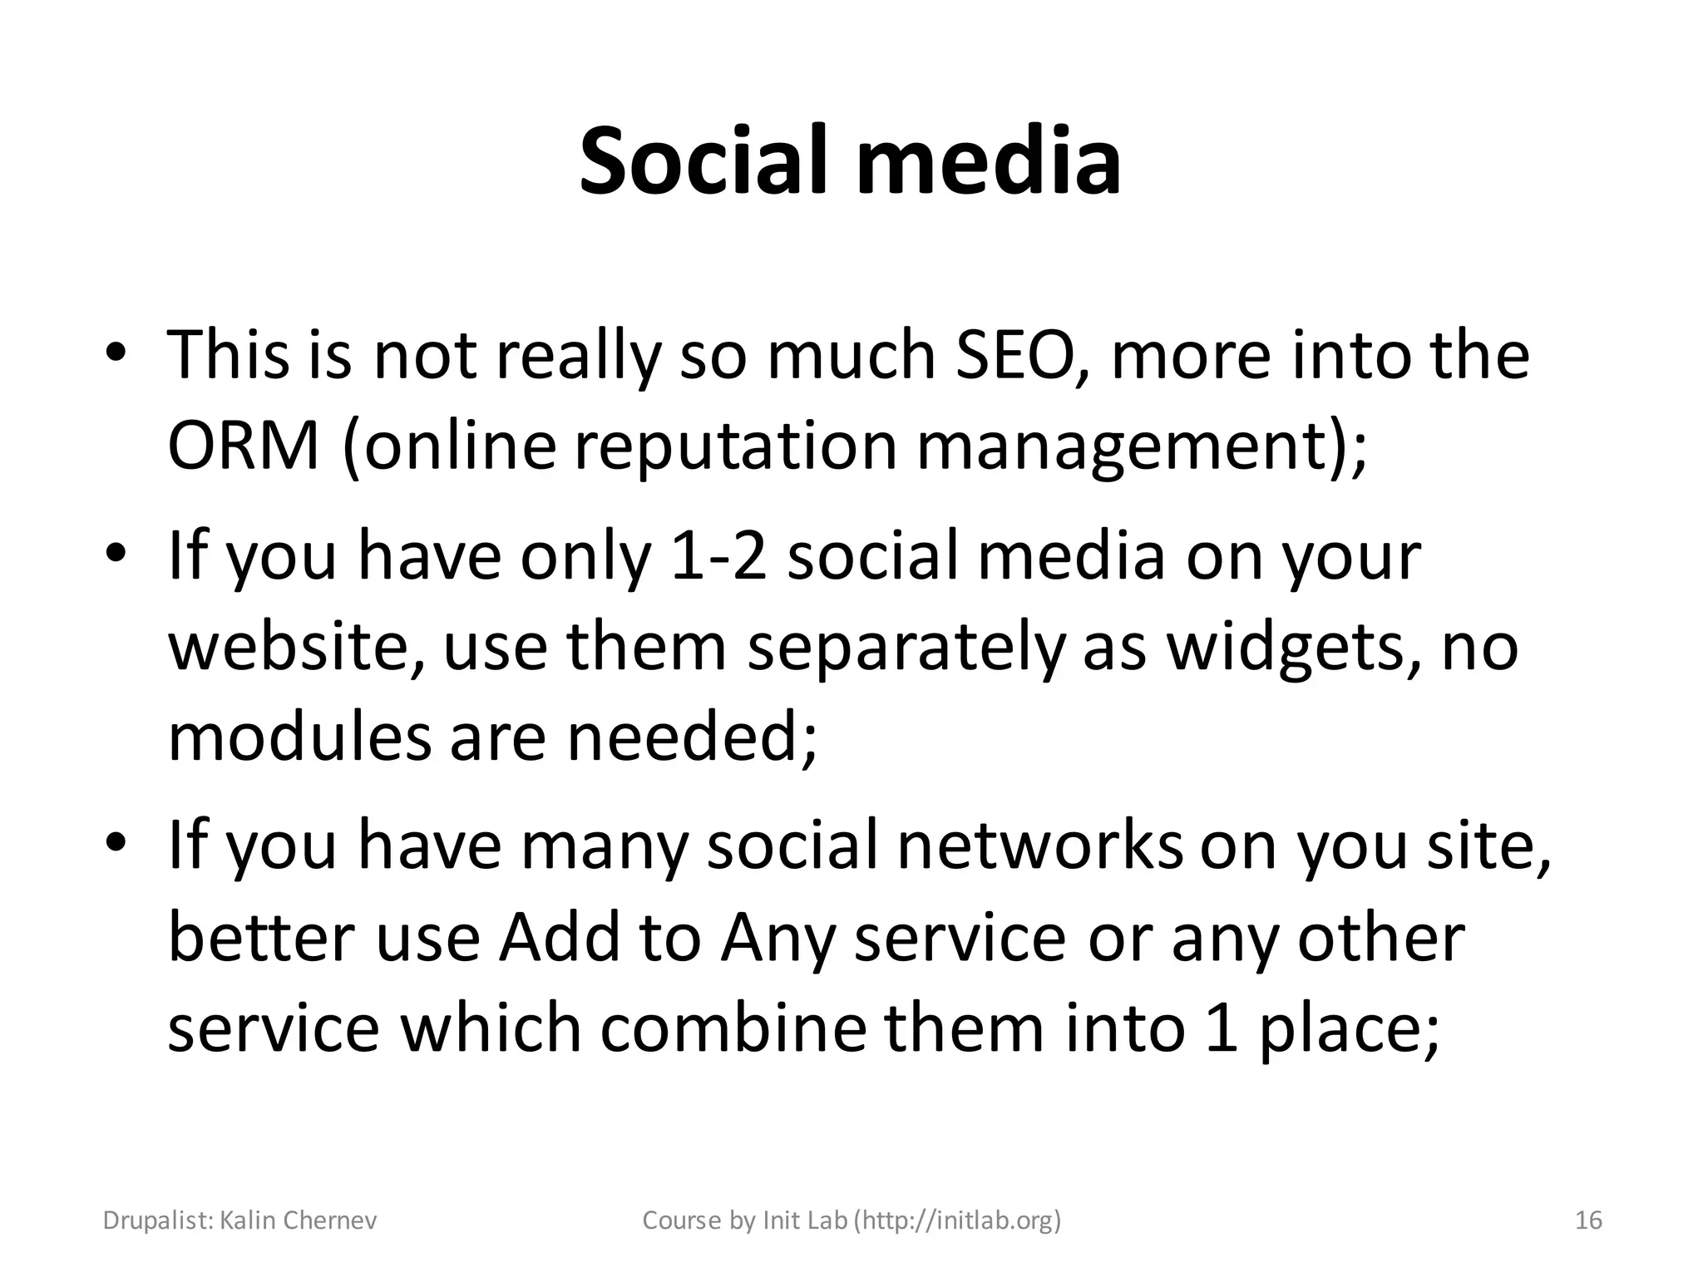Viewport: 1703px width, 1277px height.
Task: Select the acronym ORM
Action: pos(244,446)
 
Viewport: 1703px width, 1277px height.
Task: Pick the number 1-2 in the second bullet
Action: pos(712,557)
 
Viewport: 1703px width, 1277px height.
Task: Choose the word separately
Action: pos(906,649)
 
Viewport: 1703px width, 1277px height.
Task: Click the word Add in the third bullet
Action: pos(559,938)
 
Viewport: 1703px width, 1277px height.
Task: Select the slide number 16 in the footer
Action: pos(1589,1220)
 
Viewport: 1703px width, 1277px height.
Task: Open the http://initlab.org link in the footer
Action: pos(959,1220)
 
